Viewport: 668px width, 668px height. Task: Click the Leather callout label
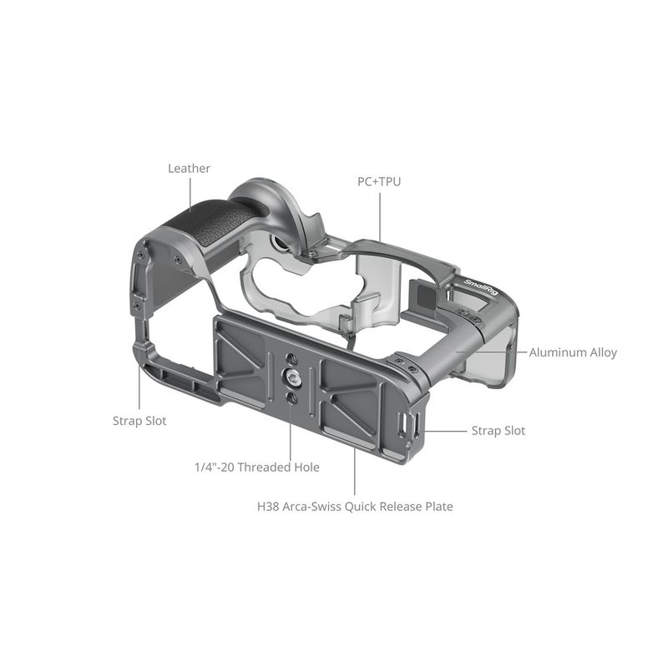[189, 169]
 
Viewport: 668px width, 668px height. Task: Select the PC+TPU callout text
[379, 182]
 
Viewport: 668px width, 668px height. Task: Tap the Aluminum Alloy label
[573, 352]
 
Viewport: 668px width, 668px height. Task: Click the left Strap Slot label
[139, 422]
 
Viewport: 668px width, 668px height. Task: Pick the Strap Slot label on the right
[498, 431]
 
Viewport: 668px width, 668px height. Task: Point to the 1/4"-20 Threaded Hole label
[257, 468]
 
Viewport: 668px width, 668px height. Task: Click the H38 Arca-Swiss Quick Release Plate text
[355, 507]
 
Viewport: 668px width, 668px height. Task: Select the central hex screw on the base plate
[291, 377]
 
